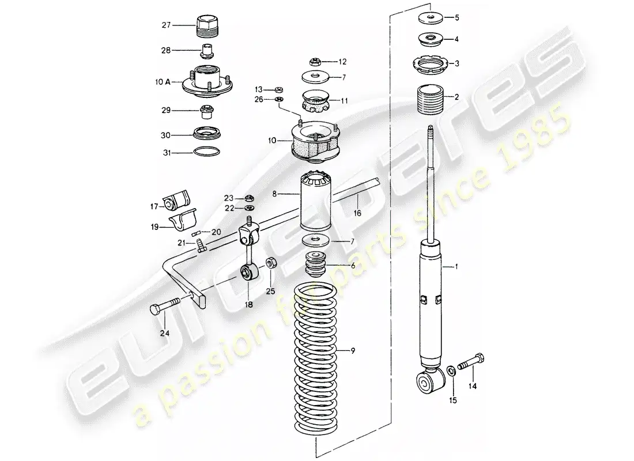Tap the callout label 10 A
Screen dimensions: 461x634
point(162,82)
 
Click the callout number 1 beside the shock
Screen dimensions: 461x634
point(457,267)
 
